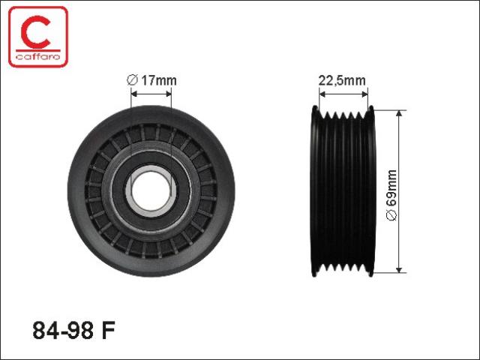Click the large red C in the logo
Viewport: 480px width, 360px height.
(x=34, y=33)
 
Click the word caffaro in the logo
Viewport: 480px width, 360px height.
(x=38, y=56)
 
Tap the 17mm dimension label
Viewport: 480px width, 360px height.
(x=158, y=80)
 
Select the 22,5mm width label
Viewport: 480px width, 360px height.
(x=342, y=80)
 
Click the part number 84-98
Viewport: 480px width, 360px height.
(x=63, y=330)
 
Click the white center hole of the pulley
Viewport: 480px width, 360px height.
(x=151, y=191)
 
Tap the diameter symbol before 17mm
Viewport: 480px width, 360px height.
(x=132, y=80)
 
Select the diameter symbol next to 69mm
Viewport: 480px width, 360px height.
(x=391, y=215)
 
